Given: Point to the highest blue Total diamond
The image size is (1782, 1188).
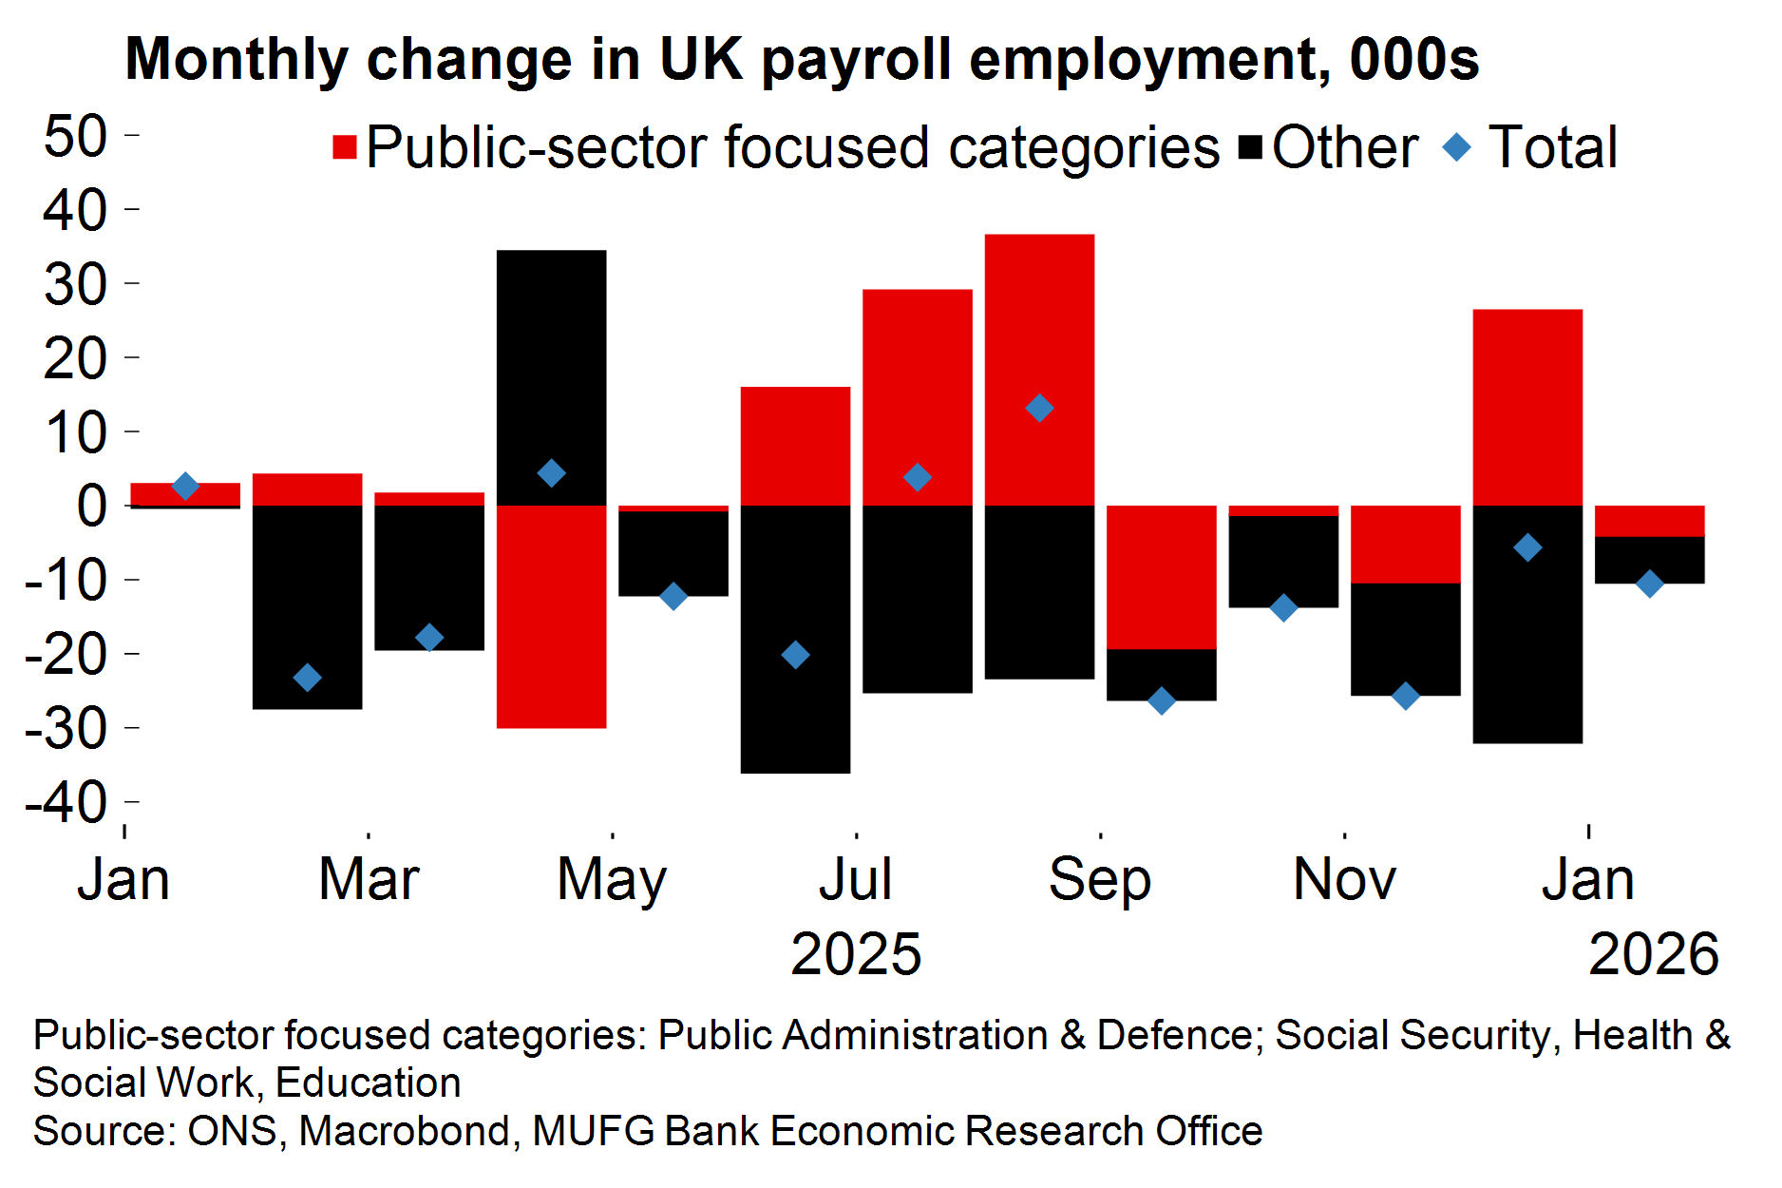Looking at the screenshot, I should tap(1039, 408).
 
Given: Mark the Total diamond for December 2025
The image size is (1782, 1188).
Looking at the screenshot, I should tap(1527, 547).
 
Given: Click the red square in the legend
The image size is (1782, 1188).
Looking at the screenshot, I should tap(344, 147).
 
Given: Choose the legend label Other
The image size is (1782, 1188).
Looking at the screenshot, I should tap(1345, 147).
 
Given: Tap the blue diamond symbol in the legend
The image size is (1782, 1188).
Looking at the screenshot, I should tap(1456, 147).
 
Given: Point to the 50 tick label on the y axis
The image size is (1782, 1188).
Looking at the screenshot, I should tap(76, 136).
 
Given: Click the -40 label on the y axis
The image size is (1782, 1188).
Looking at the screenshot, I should tap(66, 803).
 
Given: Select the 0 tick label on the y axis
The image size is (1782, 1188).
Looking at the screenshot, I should tap(92, 506).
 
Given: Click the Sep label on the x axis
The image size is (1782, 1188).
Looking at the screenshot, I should tap(1100, 879).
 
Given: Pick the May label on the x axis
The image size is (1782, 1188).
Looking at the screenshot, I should tap(612, 879).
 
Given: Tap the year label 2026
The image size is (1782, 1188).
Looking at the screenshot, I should tap(1653, 954).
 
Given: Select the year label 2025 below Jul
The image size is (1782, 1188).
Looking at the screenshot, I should tap(856, 954).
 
